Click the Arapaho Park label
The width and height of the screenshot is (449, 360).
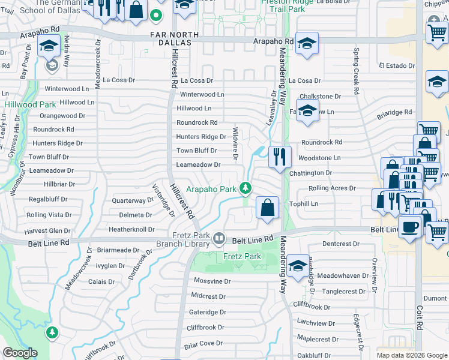(x=210, y=189)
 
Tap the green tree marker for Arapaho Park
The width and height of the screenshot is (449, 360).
(x=245, y=188)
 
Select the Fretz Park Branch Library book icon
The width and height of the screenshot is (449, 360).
(x=219, y=239)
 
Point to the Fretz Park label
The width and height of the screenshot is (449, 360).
(x=243, y=257)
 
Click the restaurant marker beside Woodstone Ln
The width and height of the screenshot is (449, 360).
(x=280, y=157)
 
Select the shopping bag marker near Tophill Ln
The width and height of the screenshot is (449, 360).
(x=267, y=208)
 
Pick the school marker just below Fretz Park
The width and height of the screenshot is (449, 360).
(x=298, y=265)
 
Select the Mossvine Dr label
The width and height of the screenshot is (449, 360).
(x=212, y=281)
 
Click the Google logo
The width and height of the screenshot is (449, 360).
(x=20, y=353)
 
